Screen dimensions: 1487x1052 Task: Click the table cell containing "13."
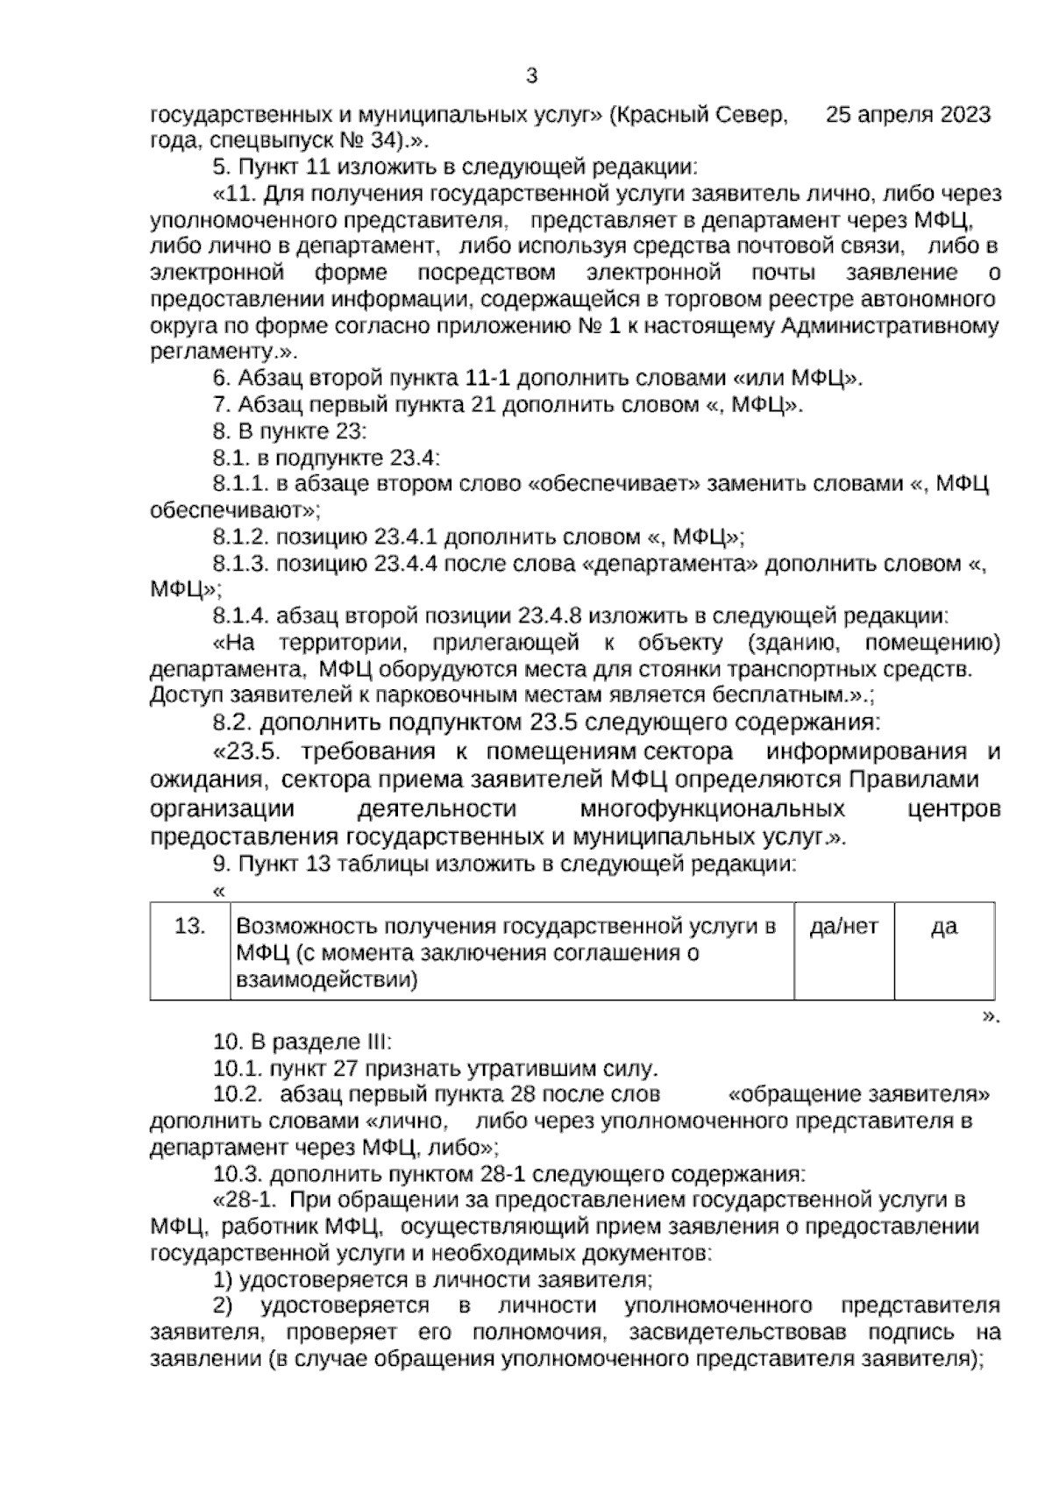click(x=190, y=927)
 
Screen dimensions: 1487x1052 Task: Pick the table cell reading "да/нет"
click(x=843, y=927)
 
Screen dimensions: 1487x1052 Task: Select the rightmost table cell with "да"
click(x=944, y=927)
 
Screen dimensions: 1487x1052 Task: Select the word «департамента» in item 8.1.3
click(x=670, y=564)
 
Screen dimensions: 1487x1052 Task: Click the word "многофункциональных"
click(x=712, y=808)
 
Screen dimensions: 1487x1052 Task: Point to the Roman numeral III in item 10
click(x=373, y=1042)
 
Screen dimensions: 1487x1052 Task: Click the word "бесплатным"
click(x=746, y=696)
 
